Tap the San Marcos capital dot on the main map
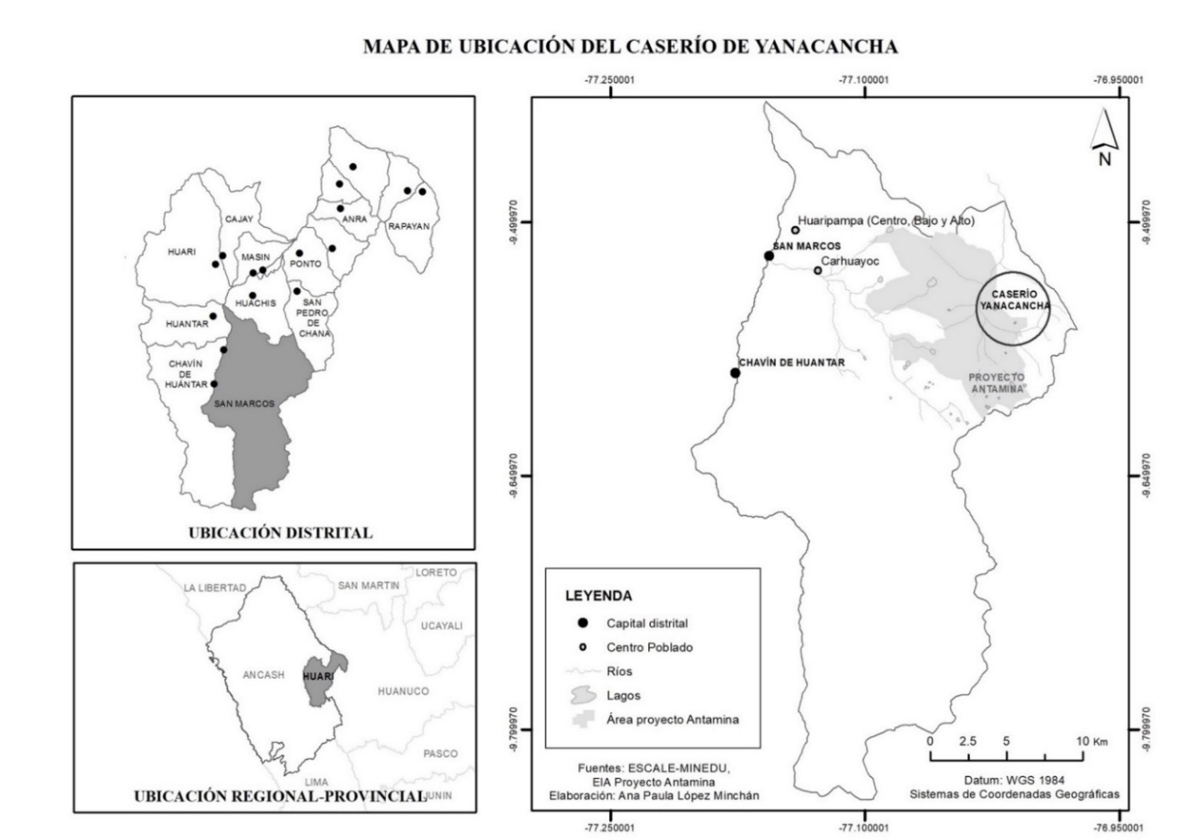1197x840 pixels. pos(768,256)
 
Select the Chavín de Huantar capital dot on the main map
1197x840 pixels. pos(735,372)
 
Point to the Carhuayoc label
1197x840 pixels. pos(850,261)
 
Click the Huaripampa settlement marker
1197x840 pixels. pos(795,230)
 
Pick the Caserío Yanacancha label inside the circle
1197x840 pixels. pos(1014,300)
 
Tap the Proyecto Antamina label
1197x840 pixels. pos(996,383)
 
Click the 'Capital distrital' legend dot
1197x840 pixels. pos(583,623)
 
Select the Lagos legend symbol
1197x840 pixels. pos(583,695)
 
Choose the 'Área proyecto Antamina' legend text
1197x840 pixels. pos(672,720)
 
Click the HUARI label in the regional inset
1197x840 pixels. pos(318,676)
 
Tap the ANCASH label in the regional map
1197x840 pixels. pos(263,675)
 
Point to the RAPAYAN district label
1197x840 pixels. pos(408,226)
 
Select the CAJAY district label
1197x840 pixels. pos(239,220)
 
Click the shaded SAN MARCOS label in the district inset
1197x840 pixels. pos(244,404)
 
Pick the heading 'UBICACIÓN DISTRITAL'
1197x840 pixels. pos(280,533)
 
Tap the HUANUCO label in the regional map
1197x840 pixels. pos(403,691)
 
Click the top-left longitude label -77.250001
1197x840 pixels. pos(609,80)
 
